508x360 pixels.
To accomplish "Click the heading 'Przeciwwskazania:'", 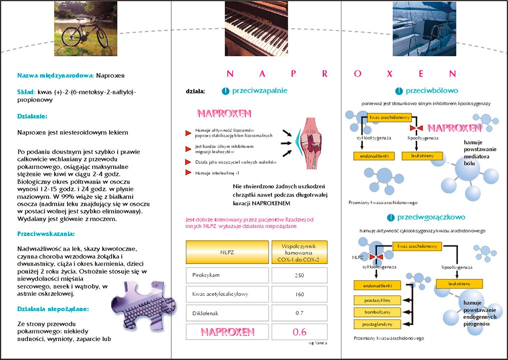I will (46, 233).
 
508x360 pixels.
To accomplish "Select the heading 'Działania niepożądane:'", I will (53, 309).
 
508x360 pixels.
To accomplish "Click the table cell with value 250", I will (299, 275).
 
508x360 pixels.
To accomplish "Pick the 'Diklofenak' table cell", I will (228, 313).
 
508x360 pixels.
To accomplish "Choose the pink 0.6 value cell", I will (299, 331).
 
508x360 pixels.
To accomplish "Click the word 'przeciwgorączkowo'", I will (431, 217).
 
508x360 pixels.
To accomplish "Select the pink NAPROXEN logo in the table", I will (228, 331).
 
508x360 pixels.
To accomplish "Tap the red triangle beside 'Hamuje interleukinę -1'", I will (188, 172).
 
